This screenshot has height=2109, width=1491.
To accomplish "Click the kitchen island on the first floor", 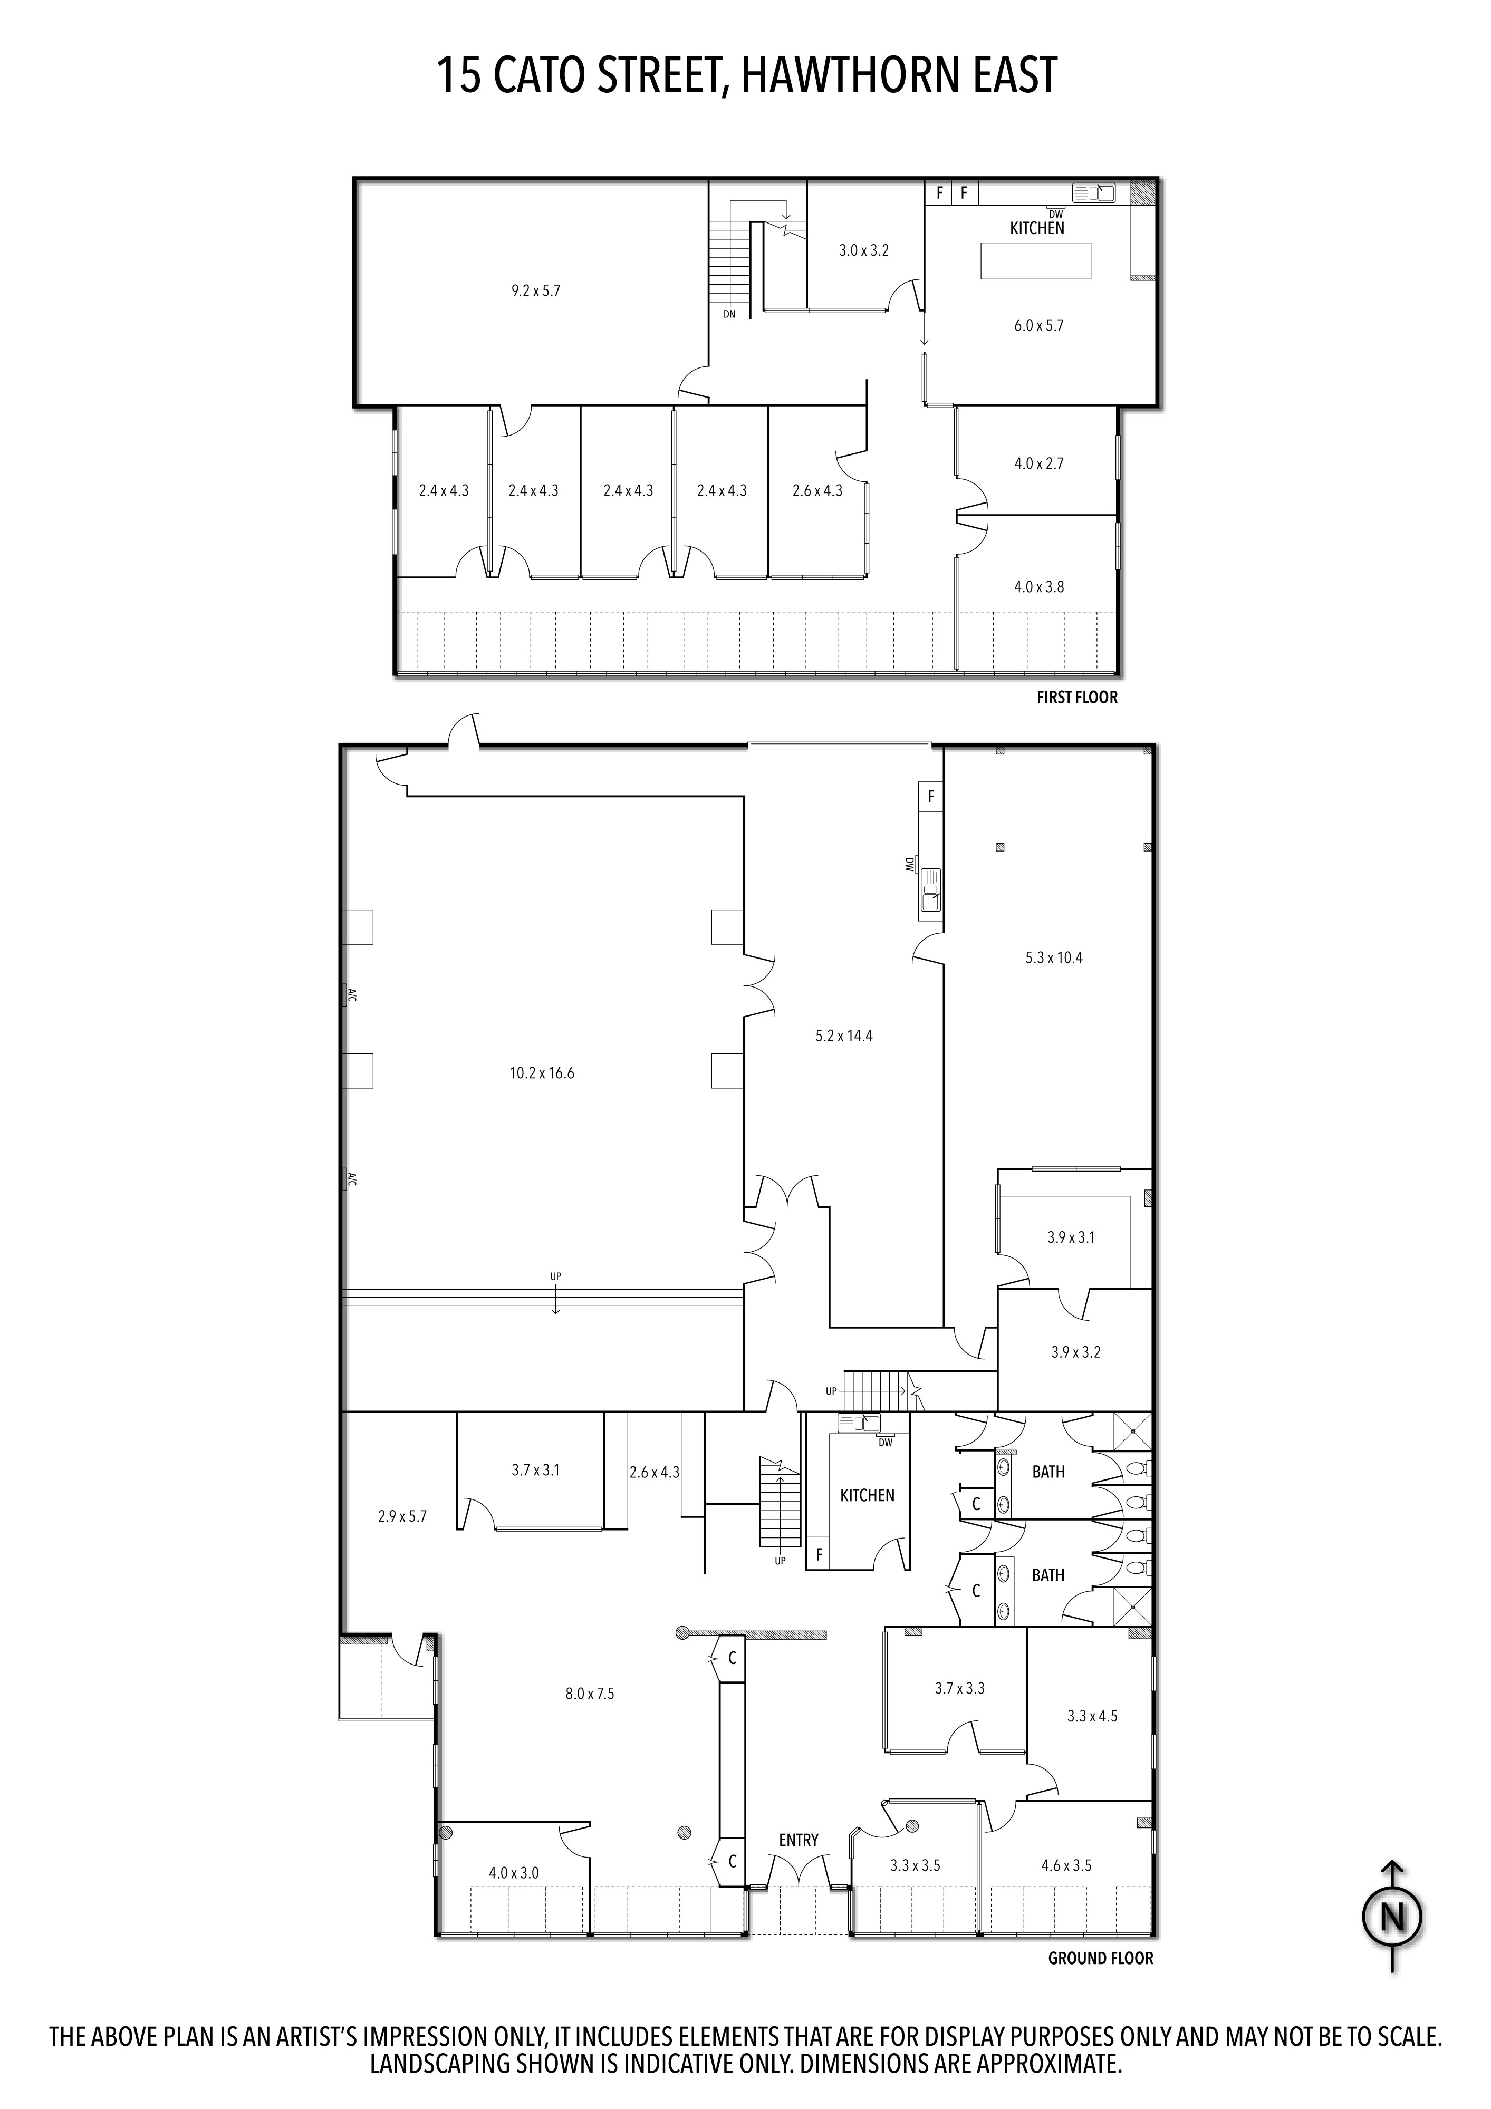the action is (1036, 260).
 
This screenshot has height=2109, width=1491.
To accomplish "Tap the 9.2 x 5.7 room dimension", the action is (535, 291).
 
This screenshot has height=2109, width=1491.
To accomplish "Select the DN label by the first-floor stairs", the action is (729, 314).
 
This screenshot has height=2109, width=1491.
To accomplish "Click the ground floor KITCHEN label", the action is (867, 1495).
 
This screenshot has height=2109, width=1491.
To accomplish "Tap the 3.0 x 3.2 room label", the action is (863, 250).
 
